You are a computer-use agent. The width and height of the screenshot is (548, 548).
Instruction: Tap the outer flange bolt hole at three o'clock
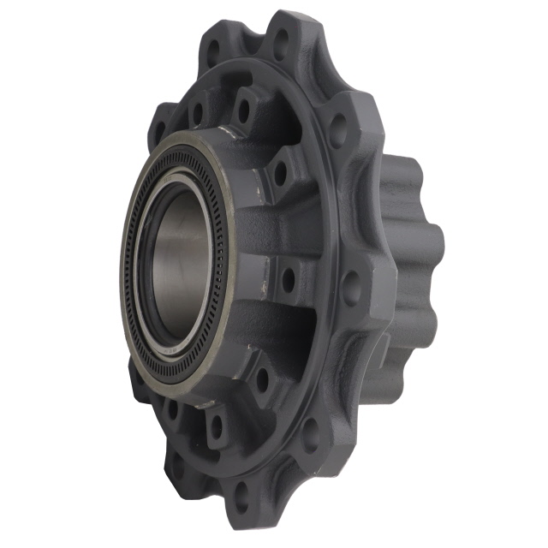(x=352, y=289)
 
